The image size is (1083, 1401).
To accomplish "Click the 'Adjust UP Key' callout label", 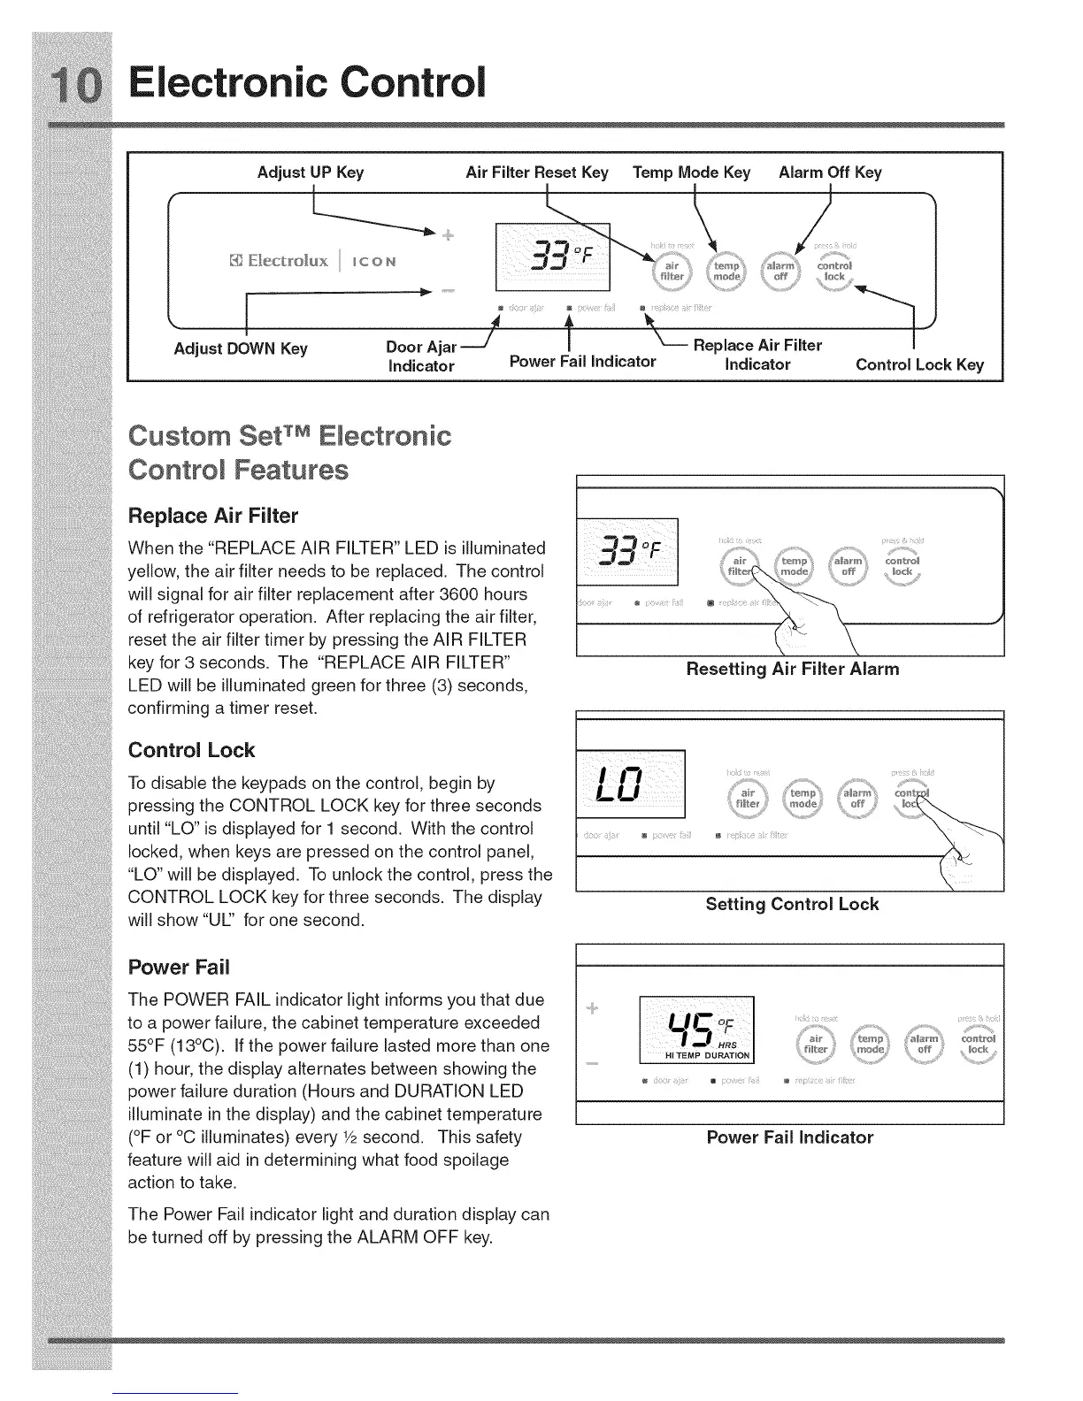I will (x=310, y=172).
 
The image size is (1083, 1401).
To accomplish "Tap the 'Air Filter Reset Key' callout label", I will (x=537, y=172).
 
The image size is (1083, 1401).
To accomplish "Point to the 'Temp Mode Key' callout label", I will (x=691, y=172).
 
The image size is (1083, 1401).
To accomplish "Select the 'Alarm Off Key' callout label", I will (x=830, y=172).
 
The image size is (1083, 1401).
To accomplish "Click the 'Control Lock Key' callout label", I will (x=919, y=364).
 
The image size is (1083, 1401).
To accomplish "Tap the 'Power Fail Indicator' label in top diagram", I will (x=583, y=361).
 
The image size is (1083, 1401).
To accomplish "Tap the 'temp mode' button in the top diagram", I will (x=726, y=271).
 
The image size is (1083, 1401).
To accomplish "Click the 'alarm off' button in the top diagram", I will (x=780, y=271).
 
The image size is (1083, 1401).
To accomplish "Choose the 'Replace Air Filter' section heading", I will (x=213, y=516).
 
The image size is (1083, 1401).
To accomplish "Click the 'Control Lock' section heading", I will (x=191, y=750).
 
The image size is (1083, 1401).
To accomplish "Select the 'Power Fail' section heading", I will (x=179, y=966).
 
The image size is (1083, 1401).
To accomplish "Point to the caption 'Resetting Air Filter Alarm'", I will (x=792, y=669).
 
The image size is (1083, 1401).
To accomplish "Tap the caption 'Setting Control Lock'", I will (x=792, y=904).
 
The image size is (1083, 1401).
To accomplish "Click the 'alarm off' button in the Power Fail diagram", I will (x=924, y=1045).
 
